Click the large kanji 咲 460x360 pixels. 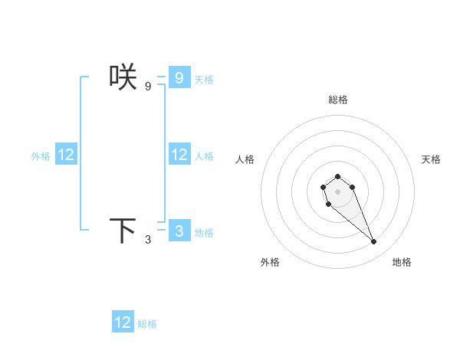pyautogui.click(x=123, y=77)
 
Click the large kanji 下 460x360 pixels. pyautogui.click(x=123, y=231)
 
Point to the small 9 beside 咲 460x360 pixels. pyautogui.click(x=148, y=87)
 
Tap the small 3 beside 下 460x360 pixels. pyautogui.click(x=148, y=240)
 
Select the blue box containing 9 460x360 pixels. pyautogui.click(x=179, y=77)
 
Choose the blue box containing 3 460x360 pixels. pyautogui.click(x=179, y=231)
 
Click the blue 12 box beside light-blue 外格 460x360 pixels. pyautogui.click(x=66, y=155)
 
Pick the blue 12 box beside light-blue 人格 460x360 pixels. pyautogui.click(x=179, y=155)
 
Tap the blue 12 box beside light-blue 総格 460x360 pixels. pyautogui.click(x=123, y=322)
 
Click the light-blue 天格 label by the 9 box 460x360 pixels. pyautogui.click(x=204, y=79)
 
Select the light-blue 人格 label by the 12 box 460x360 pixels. pyautogui.click(x=204, y=156)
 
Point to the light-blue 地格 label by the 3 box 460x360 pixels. pyautogui.click(x=204, y=232)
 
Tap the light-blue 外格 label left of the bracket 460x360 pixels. pyautogui.click(x=41, y=156)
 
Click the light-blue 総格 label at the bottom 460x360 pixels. pyautogui.click(x=147, y=324)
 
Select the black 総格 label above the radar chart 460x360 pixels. pyautogui.click(x=338, y=100)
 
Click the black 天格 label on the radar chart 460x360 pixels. pyautogui.click(x=431, y=159)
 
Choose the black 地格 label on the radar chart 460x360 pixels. pyautogui.click(x=402, y=262)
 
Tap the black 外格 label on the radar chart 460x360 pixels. pyautogui.click(x=270, y=262)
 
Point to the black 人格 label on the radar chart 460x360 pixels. pyautogui.click(x=245, y=159)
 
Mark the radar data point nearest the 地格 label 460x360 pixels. pyautogui.click(x=374, y=242)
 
